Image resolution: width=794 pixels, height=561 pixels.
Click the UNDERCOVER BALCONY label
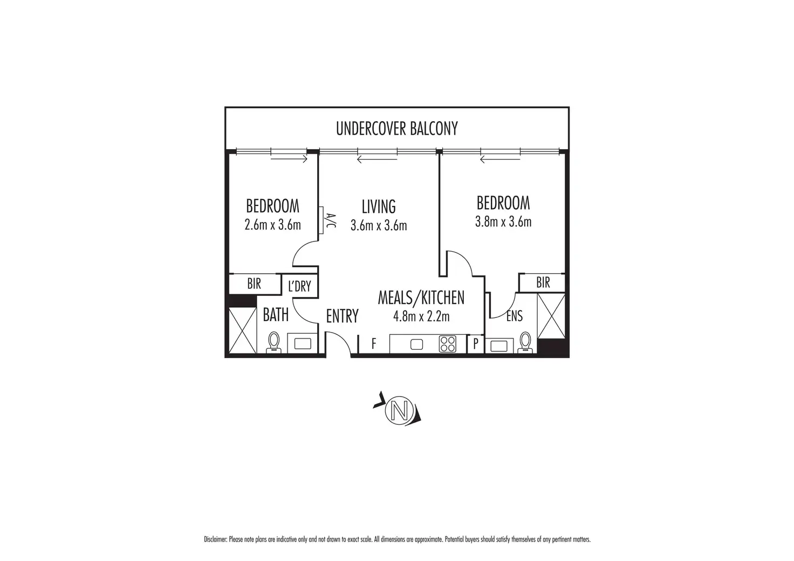396,129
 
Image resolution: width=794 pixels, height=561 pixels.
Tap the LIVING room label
379,206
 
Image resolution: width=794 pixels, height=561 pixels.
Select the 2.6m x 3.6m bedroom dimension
272,225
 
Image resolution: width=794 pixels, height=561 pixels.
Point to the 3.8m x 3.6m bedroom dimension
503,221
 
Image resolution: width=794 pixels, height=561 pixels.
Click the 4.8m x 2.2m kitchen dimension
421,316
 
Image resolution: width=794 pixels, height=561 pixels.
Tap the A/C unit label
330,220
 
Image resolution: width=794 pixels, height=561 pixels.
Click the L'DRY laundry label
299,286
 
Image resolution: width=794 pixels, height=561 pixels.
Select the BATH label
276,315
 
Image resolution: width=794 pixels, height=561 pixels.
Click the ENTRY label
342,316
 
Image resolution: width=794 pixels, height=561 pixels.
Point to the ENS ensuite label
515,316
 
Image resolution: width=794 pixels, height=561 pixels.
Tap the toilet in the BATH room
273,342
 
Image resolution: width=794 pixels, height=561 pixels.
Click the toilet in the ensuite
525,343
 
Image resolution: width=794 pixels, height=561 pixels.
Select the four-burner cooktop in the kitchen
447,343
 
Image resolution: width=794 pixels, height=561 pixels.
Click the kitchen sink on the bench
416,344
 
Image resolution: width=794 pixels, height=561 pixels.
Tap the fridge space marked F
374,343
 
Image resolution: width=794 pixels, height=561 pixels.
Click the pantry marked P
476,343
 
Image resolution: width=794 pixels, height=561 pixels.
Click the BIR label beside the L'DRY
254,283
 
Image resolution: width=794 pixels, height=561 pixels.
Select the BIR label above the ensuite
543,282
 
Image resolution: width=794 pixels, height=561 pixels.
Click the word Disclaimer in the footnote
216,539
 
